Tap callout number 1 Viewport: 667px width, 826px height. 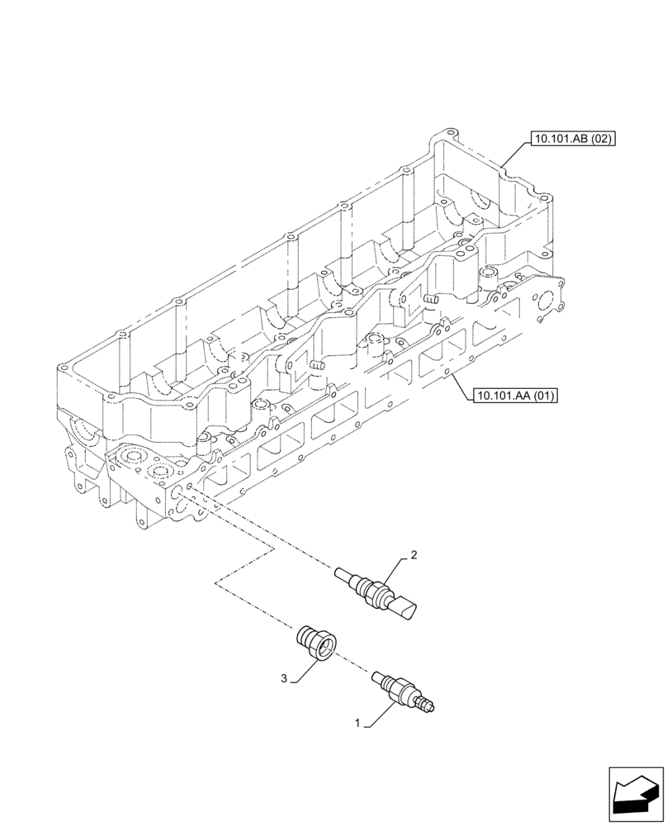(357, 723)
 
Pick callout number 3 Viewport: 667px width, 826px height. (284, 678)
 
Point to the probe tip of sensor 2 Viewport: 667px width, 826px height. (343, 572)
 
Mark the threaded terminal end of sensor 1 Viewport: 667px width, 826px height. (428, 705)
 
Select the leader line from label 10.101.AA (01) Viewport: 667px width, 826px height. (461, 385)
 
